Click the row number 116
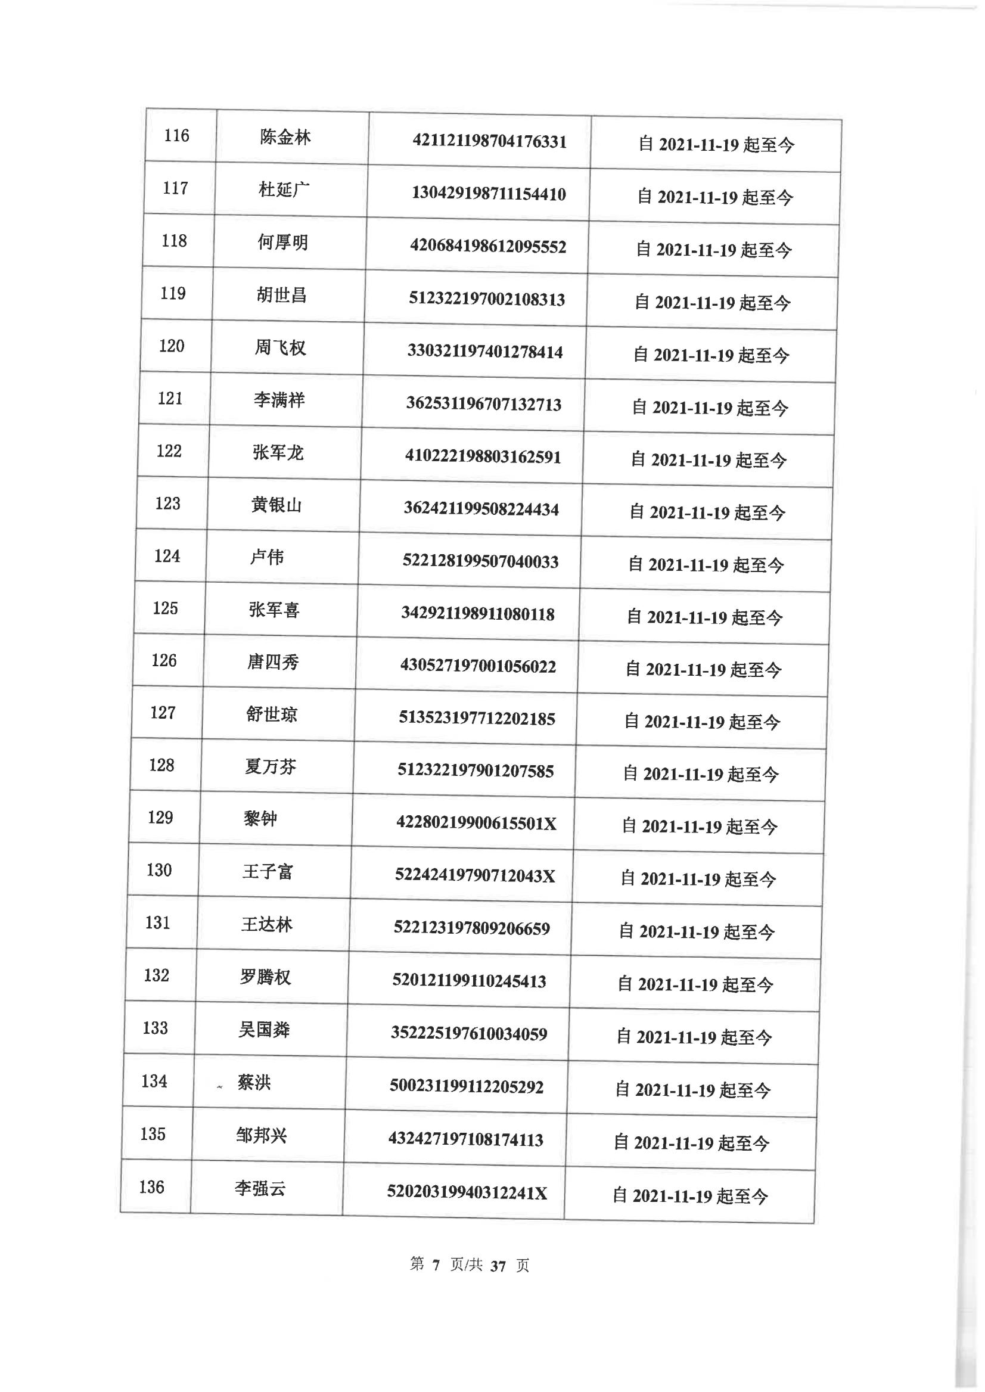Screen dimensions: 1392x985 176,135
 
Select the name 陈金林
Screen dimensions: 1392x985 285,138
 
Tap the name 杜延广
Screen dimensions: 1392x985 284,191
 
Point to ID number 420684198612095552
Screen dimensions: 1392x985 488,247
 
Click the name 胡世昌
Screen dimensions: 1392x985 281,296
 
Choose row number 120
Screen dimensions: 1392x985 172,346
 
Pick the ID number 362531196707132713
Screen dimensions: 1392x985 484,405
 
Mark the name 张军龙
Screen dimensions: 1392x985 278,453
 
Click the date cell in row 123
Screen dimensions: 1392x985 707,512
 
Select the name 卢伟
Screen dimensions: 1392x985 267,557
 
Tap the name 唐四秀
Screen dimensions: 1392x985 273,663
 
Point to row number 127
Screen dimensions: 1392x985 163,713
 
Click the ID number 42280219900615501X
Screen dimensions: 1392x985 476,824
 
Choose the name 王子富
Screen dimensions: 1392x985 268,872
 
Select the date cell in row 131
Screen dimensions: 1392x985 696,932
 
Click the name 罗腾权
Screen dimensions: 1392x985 265,977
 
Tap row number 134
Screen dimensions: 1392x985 154,1082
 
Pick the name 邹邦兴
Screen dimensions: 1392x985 262,1135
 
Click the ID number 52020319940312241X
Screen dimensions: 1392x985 467,1193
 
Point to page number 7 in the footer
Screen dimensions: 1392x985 436,1265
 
